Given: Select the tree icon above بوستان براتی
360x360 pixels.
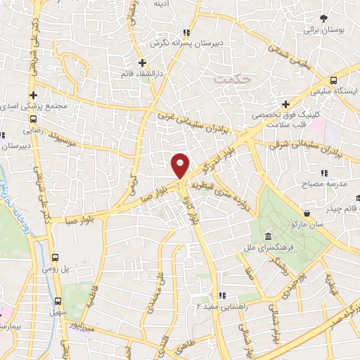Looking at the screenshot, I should (x=323, y=18).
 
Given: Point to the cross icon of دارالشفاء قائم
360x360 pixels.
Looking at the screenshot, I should (x=142, y=62).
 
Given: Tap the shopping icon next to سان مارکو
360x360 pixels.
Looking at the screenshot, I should (x=307, y=212).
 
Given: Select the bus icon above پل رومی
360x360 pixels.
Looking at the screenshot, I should (x=56, y=257).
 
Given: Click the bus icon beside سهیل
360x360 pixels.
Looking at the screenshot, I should (x=56, y=297).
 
